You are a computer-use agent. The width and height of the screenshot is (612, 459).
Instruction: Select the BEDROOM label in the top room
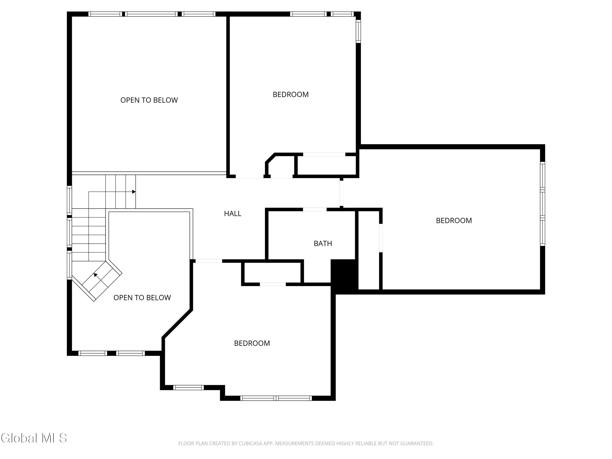pyautogui.click(x=290, y=94)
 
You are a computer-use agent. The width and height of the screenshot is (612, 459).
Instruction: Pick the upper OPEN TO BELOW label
pyautogui.click(x=149, y=100)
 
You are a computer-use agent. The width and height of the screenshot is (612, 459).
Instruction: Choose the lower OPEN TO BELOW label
pyautogui.click(x=142, y=298)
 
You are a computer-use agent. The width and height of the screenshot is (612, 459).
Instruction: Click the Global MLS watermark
pyautogui.click(x=34, y=438)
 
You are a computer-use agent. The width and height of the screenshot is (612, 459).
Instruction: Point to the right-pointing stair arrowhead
pyautogui.click(x=134, y=192)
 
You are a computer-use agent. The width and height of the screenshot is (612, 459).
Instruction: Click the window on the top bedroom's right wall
pyautogui.click(x=358, y=31)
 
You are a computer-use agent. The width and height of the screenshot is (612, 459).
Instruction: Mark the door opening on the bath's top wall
pyautogui.click(x=315, y=210)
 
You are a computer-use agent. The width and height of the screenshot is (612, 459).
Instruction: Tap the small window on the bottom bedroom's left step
pyautogui.click(x=188, y=387)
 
